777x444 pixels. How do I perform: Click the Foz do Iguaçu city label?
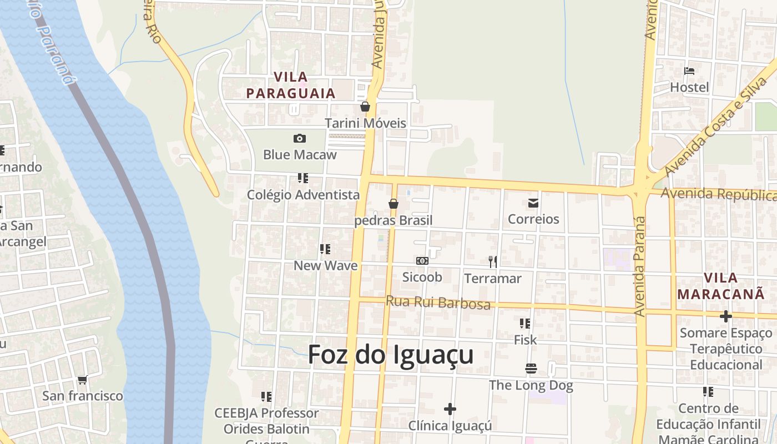click(390, 355)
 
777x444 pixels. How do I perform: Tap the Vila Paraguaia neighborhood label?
click(291, 85)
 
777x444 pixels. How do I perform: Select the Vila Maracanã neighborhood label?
click(721, 286)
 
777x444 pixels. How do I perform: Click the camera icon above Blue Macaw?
click(300, 138)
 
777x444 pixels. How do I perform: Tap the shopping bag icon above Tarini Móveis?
click(365, 107)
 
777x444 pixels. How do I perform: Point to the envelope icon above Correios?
click(533, 203)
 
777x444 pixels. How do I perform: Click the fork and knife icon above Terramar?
click(492, 261)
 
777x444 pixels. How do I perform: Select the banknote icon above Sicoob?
click(422, 261)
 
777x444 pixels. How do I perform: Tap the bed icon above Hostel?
click(689, 71)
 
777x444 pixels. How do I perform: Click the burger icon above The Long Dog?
click(531, 369)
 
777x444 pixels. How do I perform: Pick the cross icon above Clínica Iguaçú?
click(450, 410)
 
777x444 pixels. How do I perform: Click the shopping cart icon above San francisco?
click(83, 380)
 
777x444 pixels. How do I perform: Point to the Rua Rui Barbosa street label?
click(438, 302)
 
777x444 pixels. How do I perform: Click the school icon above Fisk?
click(525, 323)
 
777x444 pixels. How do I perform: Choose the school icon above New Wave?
click(325, 249)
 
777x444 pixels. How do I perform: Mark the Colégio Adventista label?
click(303, 195)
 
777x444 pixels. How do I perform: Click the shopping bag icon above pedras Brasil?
click(393, 204)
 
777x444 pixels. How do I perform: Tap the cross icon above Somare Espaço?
click(725, 316)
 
